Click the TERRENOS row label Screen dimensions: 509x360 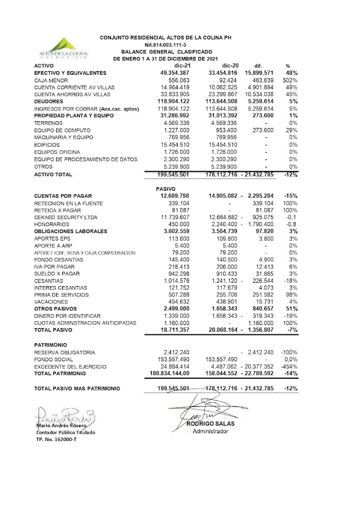click(49, 123)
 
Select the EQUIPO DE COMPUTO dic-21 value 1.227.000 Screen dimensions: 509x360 click(176, 131)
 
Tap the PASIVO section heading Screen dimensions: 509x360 click(167, 188)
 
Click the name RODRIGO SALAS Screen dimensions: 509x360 click(209, 423)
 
